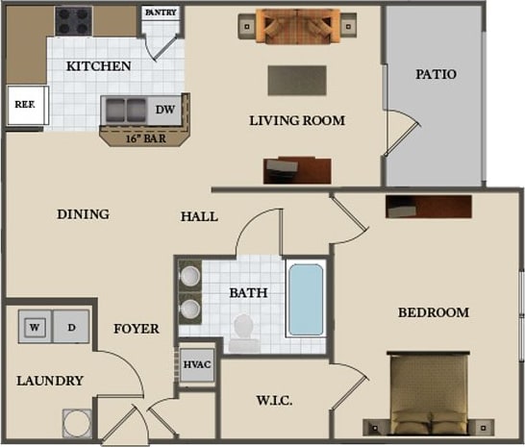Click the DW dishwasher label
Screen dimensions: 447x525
(165, 110)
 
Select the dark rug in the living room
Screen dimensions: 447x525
(299, 79)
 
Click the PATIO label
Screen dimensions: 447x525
(436, 74)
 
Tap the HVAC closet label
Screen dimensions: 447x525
(197, 365)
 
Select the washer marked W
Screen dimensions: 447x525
(36, 327)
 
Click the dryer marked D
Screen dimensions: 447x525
(72, 327)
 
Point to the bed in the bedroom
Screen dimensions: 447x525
(428, 396)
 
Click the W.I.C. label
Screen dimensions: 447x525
(274, 400)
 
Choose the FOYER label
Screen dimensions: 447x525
(136, 329)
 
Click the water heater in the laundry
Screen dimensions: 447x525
(77, 422)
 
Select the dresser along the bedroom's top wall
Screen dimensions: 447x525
(428, 207)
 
